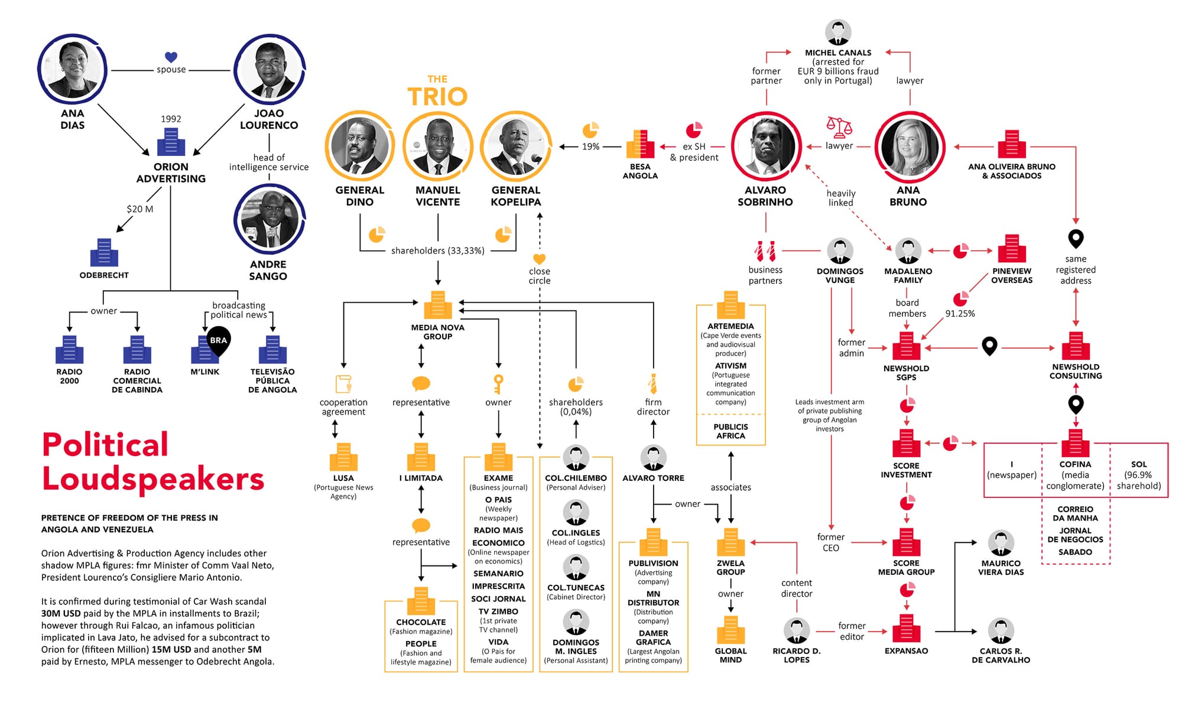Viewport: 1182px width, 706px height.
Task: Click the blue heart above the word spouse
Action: click(171, 57)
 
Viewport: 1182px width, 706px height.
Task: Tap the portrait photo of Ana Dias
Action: click(72, 70)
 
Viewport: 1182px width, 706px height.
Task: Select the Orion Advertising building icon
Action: click(171, 142)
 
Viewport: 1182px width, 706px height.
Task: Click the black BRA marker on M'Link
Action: click(218, 340)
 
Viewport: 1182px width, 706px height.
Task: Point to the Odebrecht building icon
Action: click(104, 253)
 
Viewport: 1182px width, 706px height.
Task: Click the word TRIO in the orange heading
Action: click(437, 96)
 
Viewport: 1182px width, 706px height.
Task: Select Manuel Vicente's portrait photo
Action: click(437, 146)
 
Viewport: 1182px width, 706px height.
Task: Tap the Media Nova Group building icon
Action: click(437, 305)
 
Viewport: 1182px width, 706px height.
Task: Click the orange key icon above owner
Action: click(498, 383)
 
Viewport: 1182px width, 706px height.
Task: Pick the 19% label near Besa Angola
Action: click(590, 147)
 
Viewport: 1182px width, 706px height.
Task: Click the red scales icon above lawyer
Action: click(839, 126)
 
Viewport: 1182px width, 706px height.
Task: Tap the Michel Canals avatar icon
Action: click(838, 32)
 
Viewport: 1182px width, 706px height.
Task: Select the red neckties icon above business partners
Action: click(765, 251)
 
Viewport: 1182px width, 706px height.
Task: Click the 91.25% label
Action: click(960, 314)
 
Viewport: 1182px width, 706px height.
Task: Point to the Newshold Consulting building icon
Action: click(1076, 346)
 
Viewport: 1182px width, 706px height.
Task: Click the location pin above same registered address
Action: click(1076, 239)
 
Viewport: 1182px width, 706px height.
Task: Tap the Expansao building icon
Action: click(906, 629)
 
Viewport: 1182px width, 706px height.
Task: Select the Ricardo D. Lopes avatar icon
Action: click(796, 631)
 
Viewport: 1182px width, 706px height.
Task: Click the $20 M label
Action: click(139, 209)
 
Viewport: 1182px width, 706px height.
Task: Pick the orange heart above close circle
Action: click(539, 259)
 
